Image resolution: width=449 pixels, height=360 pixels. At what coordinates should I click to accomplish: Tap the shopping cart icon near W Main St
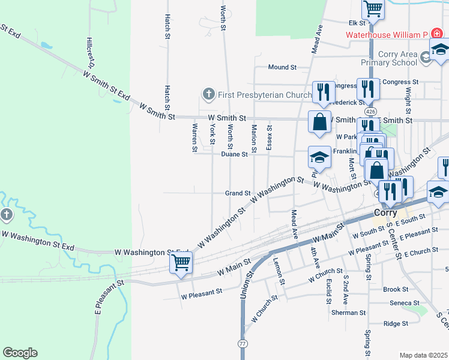coord(181,262)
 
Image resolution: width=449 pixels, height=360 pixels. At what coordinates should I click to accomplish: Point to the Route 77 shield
coord(243,343)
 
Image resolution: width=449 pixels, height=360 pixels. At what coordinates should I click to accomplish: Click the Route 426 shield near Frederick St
coord(370,112)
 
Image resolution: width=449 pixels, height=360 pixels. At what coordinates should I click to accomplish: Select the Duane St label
coord(236,155)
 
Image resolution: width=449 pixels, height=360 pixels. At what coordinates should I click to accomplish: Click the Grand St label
coord(238,193)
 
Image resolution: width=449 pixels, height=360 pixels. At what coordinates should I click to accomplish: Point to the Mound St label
coord(283,67)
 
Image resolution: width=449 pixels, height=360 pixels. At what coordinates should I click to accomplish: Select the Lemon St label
coord(279,268)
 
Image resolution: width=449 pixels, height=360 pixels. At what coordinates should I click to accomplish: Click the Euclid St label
coord(330,291)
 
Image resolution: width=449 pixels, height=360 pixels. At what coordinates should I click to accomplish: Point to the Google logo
coord(20,353)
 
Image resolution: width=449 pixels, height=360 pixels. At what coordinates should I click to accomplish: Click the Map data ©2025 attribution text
coord(423,355)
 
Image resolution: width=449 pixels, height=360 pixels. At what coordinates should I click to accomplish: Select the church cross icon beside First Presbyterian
coord(208,95)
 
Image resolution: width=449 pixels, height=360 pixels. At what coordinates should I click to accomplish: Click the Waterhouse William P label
coord(386,35)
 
